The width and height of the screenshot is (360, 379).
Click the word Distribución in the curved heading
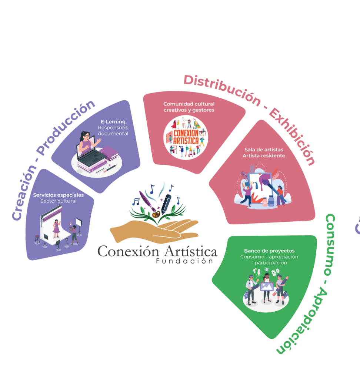click(222, 90)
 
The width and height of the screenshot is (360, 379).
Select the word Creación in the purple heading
click(24, 193)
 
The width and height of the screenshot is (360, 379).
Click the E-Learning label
click(113, 121)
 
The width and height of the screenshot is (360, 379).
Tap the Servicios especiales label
click(58, 195)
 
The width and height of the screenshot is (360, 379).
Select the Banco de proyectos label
click(269, 251)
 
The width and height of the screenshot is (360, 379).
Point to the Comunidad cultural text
click(189, 104)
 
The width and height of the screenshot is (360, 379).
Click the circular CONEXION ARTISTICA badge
click(186, 138)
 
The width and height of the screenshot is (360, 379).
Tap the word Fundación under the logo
click(184, 261)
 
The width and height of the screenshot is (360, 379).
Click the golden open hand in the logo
click(154, 231)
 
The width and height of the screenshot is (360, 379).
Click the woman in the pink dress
click(56, 229)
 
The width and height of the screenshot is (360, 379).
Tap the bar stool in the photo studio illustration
click(37, 239)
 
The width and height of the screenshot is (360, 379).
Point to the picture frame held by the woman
click(267, 287)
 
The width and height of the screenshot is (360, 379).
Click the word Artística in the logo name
click(190, 251)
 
